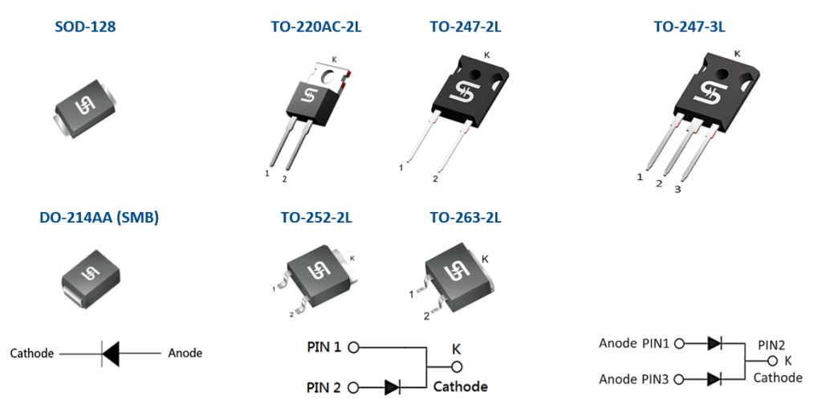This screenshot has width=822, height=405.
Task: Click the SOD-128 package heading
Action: [x=85, y=27]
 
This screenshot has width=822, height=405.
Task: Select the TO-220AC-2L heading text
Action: [x=316, y=27]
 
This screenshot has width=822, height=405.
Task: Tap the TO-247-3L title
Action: [x=689, y=27]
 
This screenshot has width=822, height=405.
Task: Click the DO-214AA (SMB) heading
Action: [x=99, y=217]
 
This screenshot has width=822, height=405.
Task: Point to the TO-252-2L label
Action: [x=316, y=217]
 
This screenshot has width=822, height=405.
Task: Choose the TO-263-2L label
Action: [x=466, y=217]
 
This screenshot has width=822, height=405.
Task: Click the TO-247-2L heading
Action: [x=466, y=27]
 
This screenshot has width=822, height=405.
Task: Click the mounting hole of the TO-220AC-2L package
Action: [x=328, y=77]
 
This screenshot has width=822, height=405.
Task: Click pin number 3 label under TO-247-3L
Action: [x=678, y=190]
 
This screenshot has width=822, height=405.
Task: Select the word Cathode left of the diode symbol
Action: [x=32, y=353]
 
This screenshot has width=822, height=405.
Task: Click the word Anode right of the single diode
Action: [x=185, y=353]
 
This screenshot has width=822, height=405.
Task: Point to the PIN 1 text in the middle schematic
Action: [x=324, y=348]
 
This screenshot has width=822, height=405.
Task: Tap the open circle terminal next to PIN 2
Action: [x=353, y=387]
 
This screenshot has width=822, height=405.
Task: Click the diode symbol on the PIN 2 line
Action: [x=393, y=387]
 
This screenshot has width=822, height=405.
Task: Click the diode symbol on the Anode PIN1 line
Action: [x=714, y=343]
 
